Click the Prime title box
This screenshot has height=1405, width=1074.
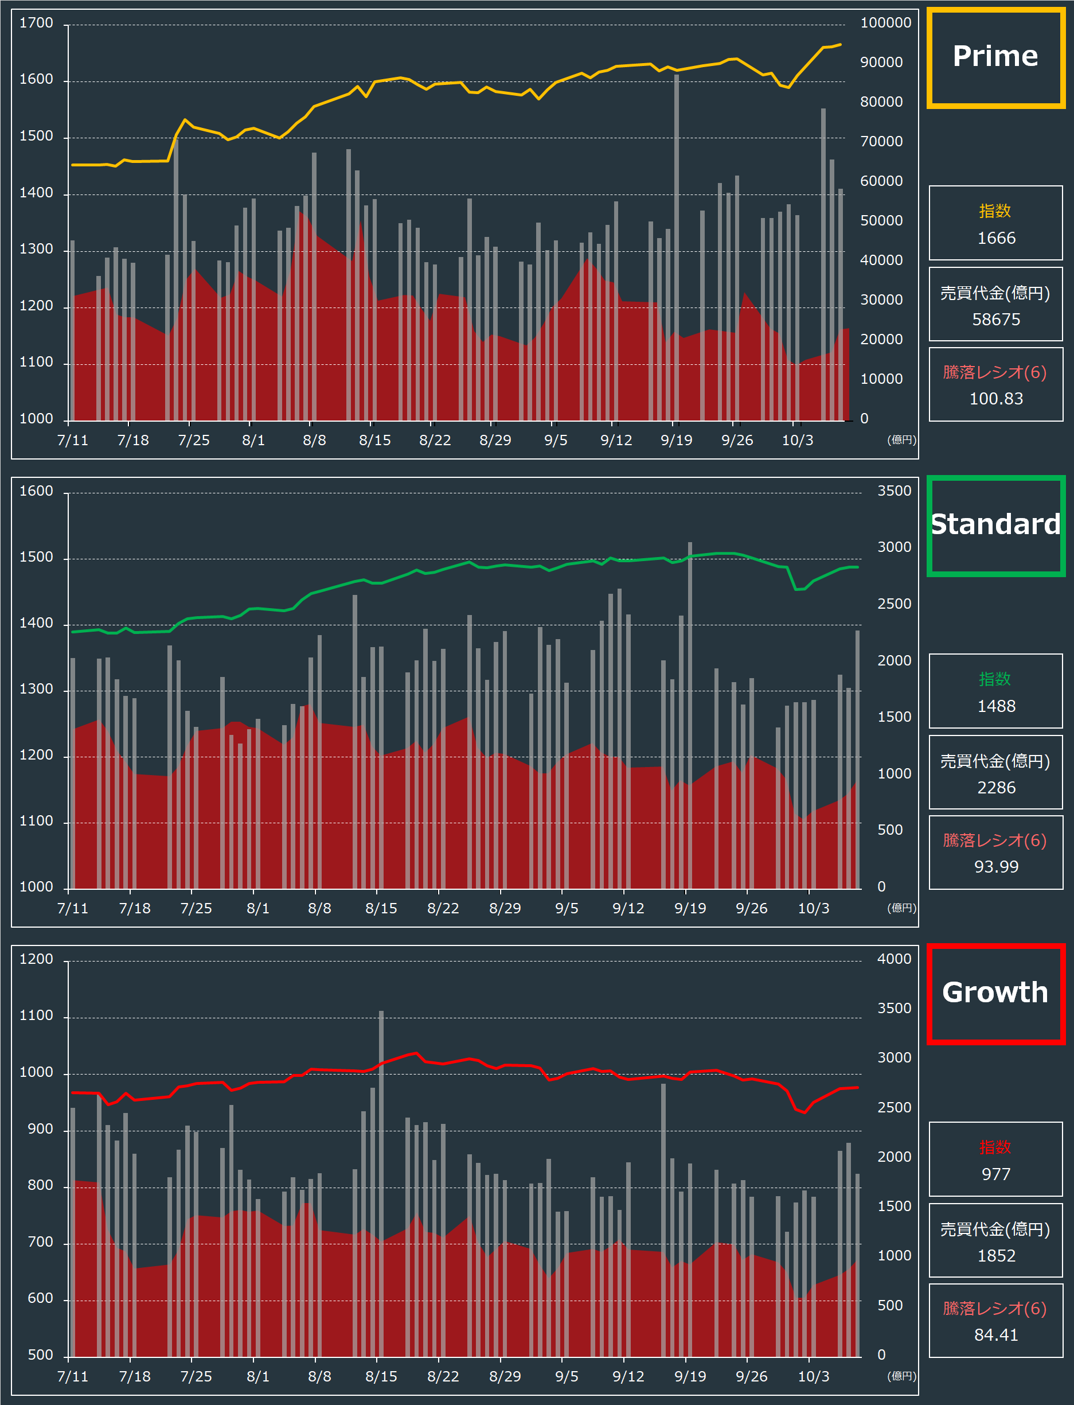click(x=995, y=57)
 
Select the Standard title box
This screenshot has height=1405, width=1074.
click(x=995, y=525)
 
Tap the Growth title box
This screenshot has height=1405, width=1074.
click(x=995, y=993)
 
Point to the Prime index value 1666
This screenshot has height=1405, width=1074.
click(x=996, y=239)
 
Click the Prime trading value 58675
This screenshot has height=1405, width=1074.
click(x=996, y=320)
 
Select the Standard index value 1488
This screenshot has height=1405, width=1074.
click(x=996, y=707)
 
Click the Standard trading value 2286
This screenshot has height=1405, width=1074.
click(x=996, y=788)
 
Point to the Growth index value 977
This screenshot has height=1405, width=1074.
click(x=996, y=1175)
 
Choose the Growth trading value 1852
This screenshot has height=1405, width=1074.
click(x=996, y=1256)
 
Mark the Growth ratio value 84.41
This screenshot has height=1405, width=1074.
click(x=996, y=1335)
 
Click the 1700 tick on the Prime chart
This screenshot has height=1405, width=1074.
click(x=37, y=24)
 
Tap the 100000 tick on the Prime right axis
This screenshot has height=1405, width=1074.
click(x=885, y=24)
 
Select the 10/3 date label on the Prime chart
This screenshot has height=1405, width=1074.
click(x=797, y=441)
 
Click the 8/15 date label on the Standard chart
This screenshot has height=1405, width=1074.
click(x=381, y=909)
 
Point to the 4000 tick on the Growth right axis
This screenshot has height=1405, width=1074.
click(x=894, y=959)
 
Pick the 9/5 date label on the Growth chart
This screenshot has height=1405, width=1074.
click(x=567, y=1377)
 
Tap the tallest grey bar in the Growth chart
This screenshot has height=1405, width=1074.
click(x=381, y=1183)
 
